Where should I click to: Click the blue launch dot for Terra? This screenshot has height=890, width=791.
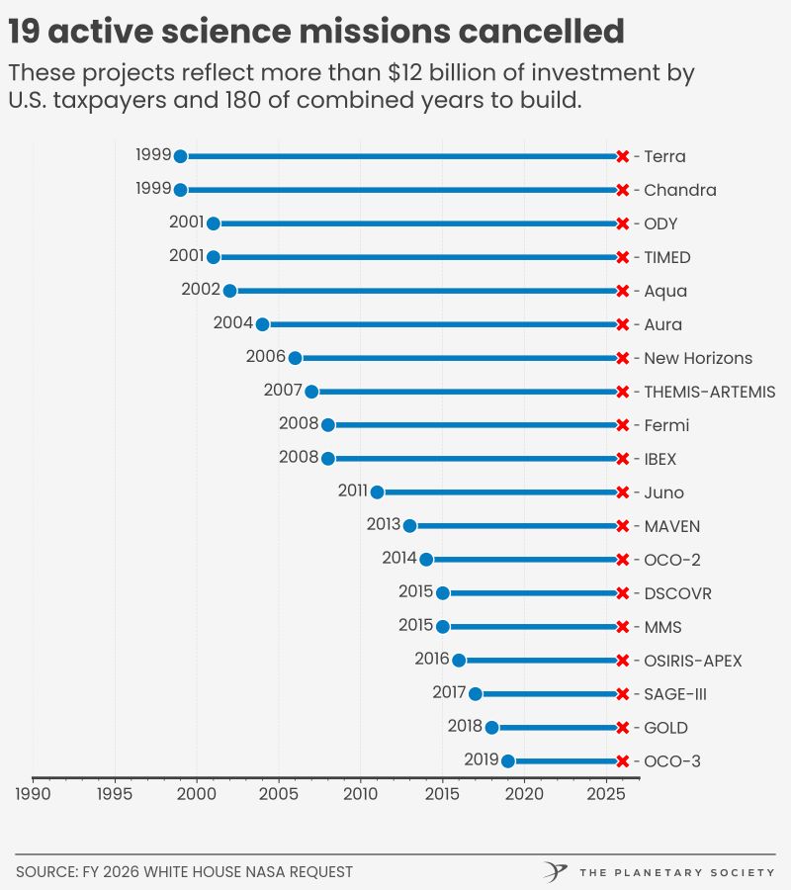pos(180,156)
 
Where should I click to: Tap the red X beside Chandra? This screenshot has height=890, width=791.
pos(622,190)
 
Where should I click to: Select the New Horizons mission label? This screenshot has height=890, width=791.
pos(698,358)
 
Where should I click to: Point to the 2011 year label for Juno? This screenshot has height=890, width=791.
pos(353,490)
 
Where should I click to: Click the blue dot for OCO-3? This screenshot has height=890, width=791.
pos(508,761)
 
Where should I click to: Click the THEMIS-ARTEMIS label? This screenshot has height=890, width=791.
pos(709,392)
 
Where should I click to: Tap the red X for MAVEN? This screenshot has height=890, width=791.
pos(622,526)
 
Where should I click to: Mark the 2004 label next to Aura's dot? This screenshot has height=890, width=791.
pos(233,322)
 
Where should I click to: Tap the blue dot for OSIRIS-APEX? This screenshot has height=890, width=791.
pos(459,661)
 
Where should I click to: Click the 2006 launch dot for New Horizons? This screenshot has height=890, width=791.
pos(295,358)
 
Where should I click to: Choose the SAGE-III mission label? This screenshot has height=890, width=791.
pos(675,694)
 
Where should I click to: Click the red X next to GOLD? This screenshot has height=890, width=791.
pos(622,728)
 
